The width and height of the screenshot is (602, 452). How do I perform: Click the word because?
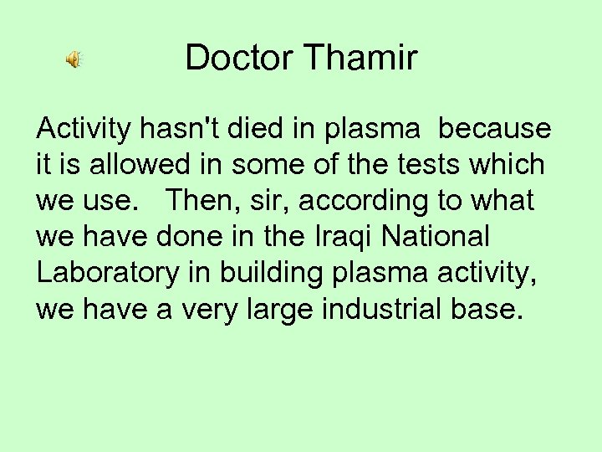495,129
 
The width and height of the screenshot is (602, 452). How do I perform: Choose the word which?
507,165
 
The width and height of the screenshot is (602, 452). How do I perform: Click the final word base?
492,310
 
